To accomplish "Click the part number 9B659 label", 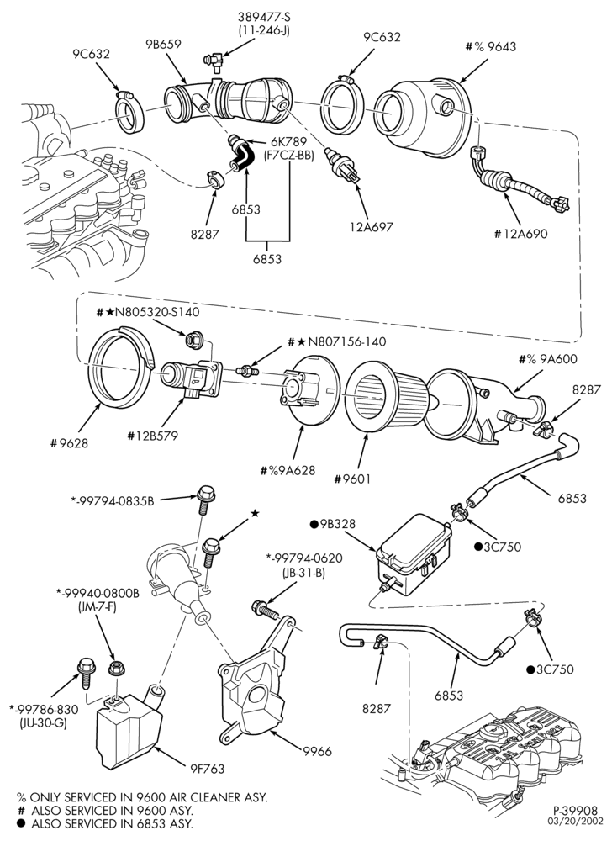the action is (x=163, y=45).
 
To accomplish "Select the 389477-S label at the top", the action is (x=264, y=18).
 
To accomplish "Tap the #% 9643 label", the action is (x=491, y=46).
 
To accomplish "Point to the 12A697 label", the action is (x=371, y=226).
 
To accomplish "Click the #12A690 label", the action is (x=522, y=233).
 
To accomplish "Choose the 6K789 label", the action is (x=288, y=142).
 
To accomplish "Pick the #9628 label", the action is (x=69, y=443).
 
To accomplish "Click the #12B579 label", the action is (x=152, y=436).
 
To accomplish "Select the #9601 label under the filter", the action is (x=351, y=478).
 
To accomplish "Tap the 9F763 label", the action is (x=206, y=769).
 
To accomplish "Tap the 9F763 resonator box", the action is (x=129, y=730).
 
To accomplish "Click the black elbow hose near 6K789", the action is (x=240, y=154).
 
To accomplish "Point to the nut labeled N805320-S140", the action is (x=191, y=339).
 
